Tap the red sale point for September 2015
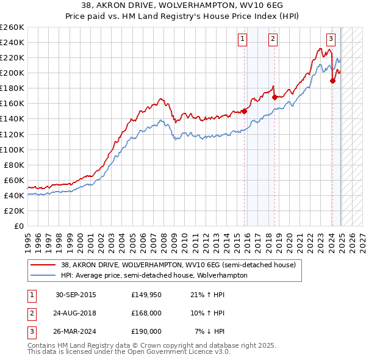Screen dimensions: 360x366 (x=245, y=111)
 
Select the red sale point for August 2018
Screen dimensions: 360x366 (x=274, y=97)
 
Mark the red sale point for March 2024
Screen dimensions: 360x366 (x=332, y=81)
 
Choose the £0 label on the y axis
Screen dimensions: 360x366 (x=18, y=226)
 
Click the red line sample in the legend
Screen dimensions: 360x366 (x=43, y=265)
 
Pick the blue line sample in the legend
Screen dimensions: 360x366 (x=43, y=275)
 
